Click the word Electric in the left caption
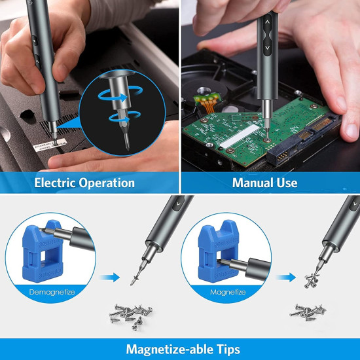pos(58,183)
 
